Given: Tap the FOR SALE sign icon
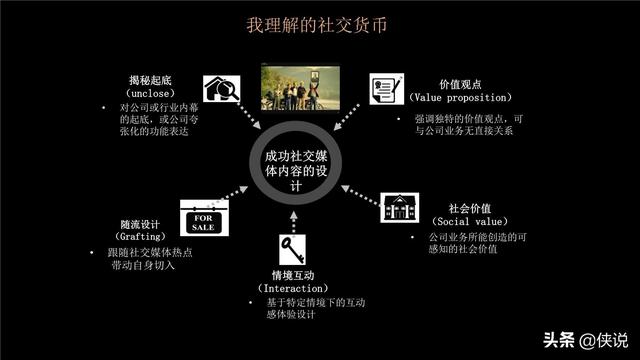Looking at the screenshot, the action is click(199, 219).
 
